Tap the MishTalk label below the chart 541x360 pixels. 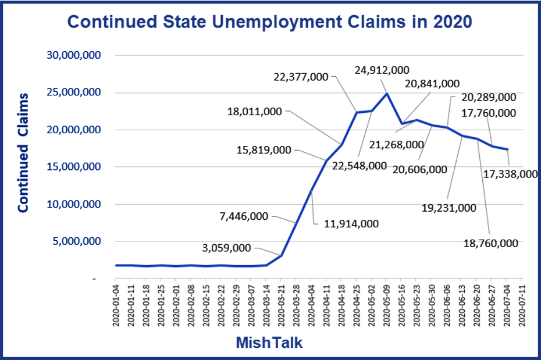pyautogui.click(x=269, y=343)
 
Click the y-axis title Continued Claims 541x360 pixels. pyautogui.click(x=23, y=152)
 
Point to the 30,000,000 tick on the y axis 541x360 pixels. pyautogui.click(x=74, y=55)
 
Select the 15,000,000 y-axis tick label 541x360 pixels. pyautogui.click(x=74, y=167)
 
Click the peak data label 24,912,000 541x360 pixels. pyautogui.click(x=382, y=70)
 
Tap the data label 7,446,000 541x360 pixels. pyautogui.click(x=243, y=216)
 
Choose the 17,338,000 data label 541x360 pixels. pyautogui.click(x=510, y=173)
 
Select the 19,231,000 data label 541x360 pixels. pyautogui.click(x=450, y=208)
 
